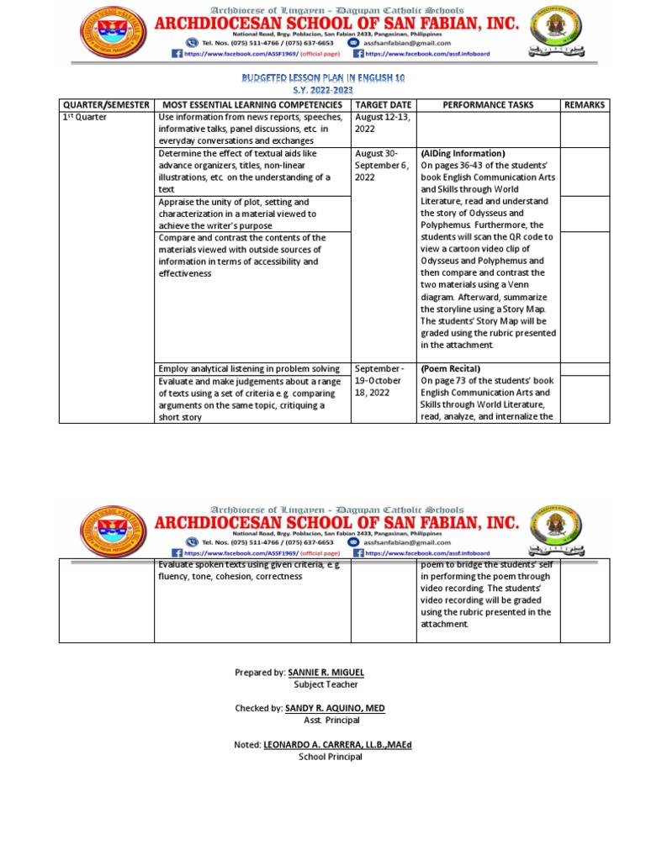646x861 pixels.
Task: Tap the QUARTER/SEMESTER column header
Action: (106, 104)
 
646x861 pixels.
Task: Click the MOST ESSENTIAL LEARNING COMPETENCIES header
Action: (252, 104)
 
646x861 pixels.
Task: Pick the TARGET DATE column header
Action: (383, 104)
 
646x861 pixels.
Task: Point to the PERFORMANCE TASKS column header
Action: (487, 104)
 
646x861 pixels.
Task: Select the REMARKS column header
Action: (584, 104)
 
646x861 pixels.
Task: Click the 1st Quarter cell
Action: (87, 117)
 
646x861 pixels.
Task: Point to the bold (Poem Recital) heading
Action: (451, 369)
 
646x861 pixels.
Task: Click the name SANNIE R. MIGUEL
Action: (326, 673)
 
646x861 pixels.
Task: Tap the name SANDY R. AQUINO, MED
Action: (335, 709)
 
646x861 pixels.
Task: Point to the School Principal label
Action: (331, 757)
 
